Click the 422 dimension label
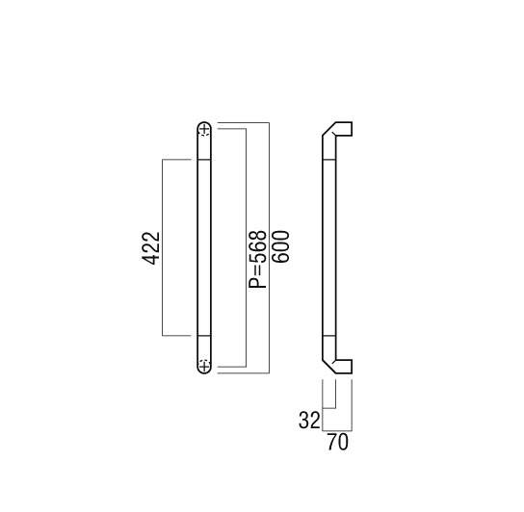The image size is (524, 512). point(150,247)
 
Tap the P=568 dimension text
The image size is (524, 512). point(257,259)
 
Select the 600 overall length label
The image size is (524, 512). point(280,246)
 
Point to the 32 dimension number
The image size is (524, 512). point(309,421)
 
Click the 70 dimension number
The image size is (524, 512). point(337,442)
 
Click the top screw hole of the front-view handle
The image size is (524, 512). point(204,129)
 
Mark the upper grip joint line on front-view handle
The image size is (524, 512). point(204,160)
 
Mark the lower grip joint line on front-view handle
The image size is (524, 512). point(204,335)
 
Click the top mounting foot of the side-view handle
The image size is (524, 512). point(344,129)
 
